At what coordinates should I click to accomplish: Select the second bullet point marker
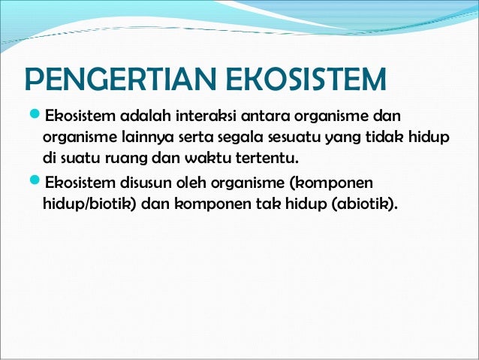33,183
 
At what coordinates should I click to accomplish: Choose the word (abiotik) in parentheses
363,204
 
